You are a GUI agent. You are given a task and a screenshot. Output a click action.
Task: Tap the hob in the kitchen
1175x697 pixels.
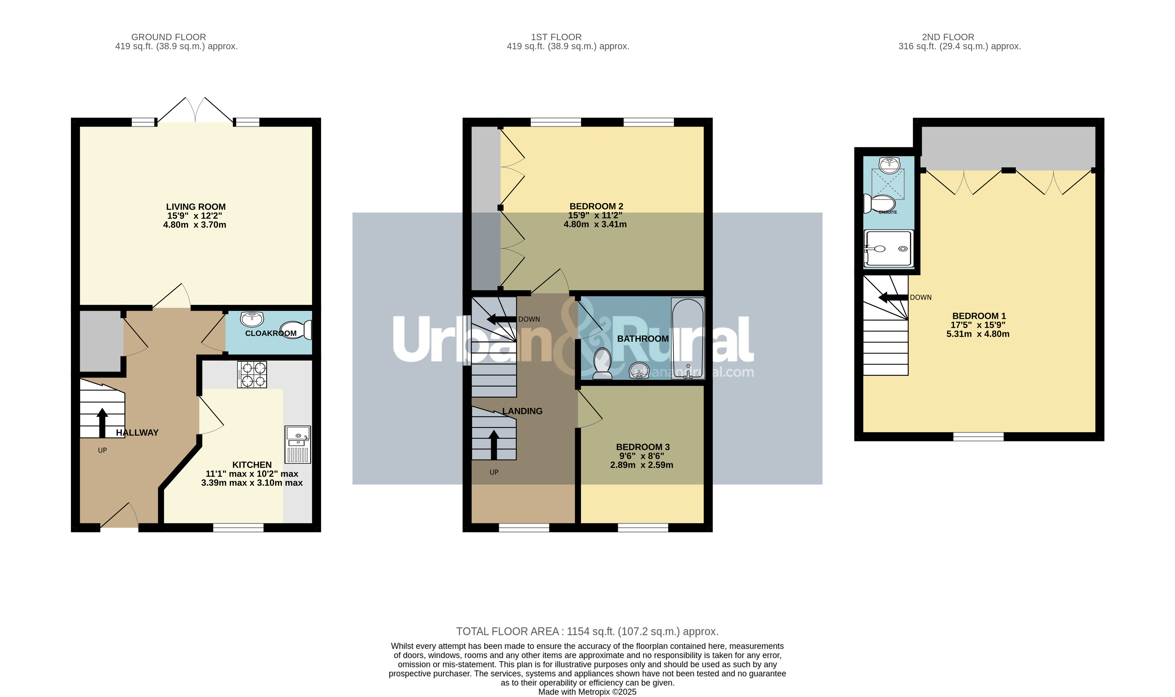click(x=252, y=374)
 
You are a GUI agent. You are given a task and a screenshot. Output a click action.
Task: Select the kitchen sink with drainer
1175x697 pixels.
click(x=298, y=444)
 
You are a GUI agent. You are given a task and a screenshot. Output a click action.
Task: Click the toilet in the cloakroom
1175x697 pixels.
click(x=296, y=330)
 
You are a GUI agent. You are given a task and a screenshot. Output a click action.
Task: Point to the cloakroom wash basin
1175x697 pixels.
click(x=252, y=319)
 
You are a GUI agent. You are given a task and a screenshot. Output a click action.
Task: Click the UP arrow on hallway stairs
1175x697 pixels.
click(x=102, y=423)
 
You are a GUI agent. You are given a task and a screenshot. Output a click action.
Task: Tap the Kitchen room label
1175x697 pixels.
click(x=252, y=465)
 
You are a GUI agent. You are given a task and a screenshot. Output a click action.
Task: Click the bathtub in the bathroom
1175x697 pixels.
click(x=688, y=338)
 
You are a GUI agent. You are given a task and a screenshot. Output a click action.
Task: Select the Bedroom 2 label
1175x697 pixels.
click(x=596, y=206)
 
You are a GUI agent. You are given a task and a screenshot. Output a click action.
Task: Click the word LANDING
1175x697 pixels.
click(x=522, y=411)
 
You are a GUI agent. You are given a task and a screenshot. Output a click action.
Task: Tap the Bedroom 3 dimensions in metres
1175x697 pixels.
click(x=641, y=465)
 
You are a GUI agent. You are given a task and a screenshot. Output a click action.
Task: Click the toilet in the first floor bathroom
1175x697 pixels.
click(x=602, y=363)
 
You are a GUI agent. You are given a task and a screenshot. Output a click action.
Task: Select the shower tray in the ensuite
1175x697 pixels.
click(x=889, y=249)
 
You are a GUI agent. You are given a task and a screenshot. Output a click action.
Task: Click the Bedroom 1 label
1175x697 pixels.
click(x=979, y=316)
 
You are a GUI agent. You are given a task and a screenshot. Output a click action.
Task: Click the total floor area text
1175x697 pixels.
click(x=587, y=631)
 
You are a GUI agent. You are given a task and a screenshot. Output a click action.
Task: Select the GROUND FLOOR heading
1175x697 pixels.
click(x=168, y=37)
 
